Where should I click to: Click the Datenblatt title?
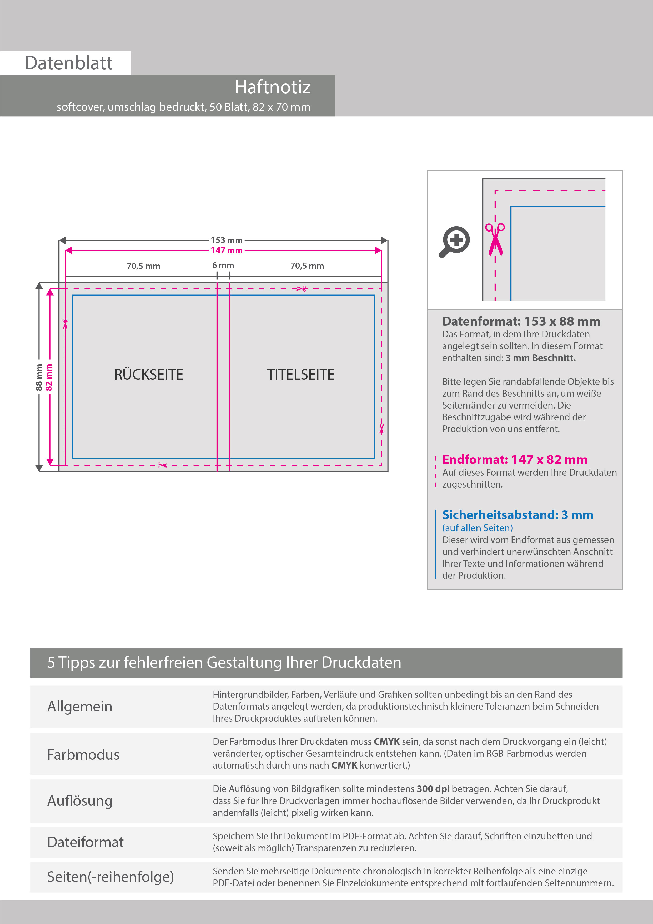pyautogui.click(x=68, y=63)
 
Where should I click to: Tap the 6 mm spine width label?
pyautogui.click(x=223, y=266)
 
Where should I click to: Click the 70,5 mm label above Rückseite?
pyautogui.click(x=144, y=266)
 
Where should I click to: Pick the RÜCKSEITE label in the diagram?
pyautogui.click(x=148, y=375)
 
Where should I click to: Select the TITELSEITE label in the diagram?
pyautogui.click(x=300, y=375)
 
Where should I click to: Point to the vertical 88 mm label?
pyautogui.click(x=39, y=377)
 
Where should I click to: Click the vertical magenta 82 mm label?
pyautogui.click(x=49, y=377)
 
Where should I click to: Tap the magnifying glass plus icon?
pyautogui.click(x=454, y=242)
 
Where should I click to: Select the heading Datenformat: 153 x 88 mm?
pyautogui.click(x=521, y=322)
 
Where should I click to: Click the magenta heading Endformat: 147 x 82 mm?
pyautogui.click(x=515, y=460)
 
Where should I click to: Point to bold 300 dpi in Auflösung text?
pyautogui.click(x=433, y=789)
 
